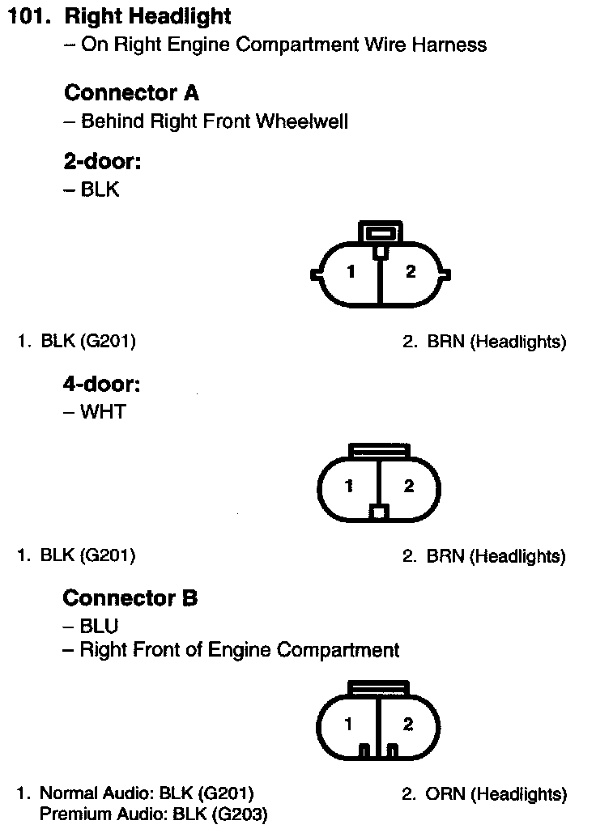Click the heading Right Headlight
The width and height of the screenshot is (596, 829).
pos(147,16)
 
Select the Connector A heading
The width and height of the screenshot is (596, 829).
pos(130,93)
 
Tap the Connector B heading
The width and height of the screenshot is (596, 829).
pos(130,598)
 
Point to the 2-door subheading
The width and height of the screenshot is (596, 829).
pos(102,162)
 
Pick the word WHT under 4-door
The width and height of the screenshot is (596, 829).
pos(103,412)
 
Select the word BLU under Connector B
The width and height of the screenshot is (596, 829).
pos(99,626)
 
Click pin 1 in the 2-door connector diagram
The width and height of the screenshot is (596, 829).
pos(351,273)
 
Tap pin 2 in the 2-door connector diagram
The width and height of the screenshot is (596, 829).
pos(410,272)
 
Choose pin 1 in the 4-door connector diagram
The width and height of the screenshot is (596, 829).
pos(349,487)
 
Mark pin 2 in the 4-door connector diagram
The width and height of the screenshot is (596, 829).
pos(409,487)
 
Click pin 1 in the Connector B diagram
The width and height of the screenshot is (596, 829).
pos(348,725)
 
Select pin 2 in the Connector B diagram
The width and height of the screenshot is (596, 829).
pos(407,725)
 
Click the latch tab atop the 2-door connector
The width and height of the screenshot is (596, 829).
pos(379,232)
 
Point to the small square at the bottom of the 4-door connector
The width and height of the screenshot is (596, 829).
pos(379,512)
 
